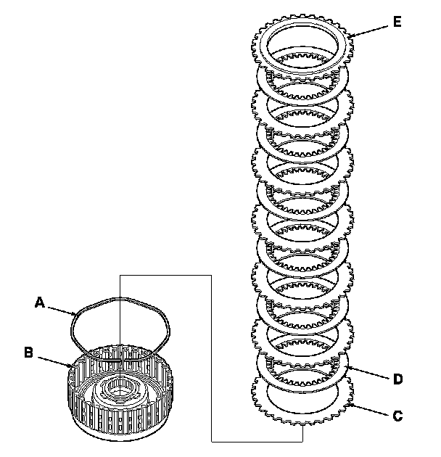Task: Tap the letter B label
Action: tap(28, 353)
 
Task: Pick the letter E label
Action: tap(397, 21)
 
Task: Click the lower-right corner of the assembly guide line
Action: tap(302, 441)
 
